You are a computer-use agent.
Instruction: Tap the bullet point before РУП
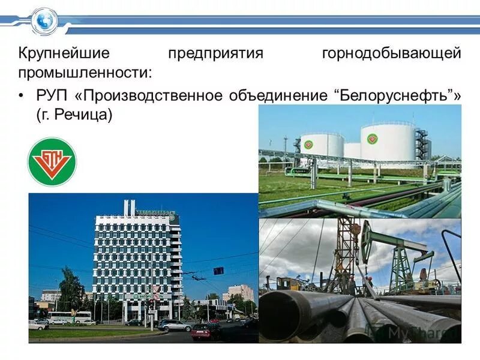pos(22,95)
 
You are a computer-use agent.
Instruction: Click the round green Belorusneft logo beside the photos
pos(52,161)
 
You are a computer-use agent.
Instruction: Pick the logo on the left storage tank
pos(308,144)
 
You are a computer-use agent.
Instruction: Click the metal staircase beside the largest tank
pos(422,144)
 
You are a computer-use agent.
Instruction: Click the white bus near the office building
pos(70,316)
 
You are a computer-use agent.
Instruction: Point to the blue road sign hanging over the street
pos(218,270)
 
